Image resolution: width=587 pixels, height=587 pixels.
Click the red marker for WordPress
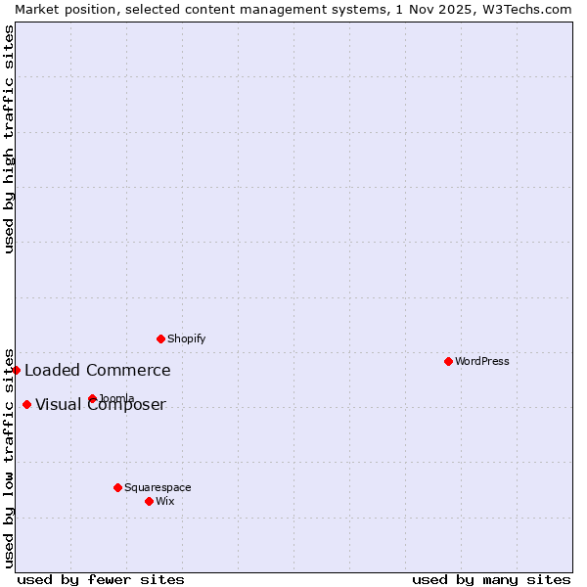(x=448, y=361)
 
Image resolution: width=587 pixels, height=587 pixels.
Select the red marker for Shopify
(x=160, y=339)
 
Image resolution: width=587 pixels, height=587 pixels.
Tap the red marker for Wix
(x=149, y=501)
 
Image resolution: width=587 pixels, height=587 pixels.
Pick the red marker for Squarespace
(x=117, y=487)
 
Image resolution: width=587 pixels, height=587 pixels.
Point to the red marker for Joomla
(x=92, y=398)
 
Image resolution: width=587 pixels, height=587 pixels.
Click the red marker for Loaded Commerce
(x=17, y=370)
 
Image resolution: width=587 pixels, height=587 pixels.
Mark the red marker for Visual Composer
(x=26, y=404)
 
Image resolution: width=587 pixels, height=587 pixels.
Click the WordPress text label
(x=482, y=361)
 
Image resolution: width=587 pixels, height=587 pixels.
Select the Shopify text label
(x=187, y=339)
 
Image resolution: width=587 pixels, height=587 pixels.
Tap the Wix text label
(x=165, y=501)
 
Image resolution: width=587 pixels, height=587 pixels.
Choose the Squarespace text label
(x=158, y=487)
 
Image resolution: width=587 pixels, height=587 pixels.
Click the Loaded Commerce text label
(x=98, y=370)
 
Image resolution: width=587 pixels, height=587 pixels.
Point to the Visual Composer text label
(x=101, y=405)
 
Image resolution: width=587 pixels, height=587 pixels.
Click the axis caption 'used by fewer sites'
(x=101, y=579)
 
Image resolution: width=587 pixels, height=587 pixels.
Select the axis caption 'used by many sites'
(x=491, y=579)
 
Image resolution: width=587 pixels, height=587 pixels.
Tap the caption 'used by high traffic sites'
(x=9, y=139)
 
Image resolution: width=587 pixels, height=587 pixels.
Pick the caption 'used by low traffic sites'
(x=9, y=458)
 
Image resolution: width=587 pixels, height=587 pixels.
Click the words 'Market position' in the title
(x=61, y=9)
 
